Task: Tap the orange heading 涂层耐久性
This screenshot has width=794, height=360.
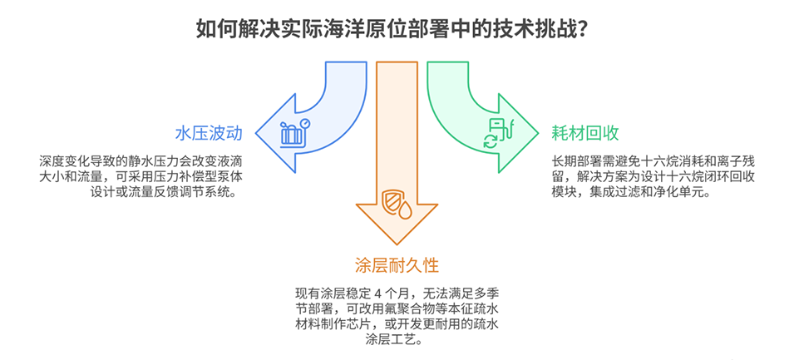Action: click(x=397, y=265)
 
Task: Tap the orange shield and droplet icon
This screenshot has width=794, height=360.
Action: click(x=397, y=203)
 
